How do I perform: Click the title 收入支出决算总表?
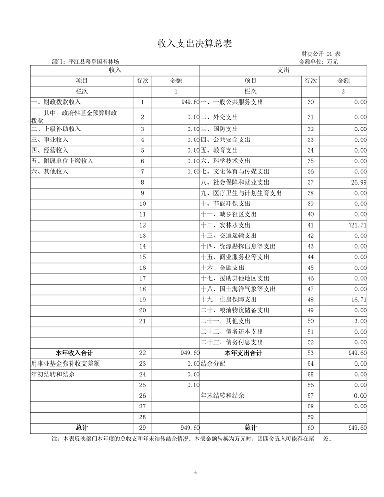tap(195, 44)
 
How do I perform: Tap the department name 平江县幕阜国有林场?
tap(98, 61)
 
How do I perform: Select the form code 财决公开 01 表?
tap(320, 54)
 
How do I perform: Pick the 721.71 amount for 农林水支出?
tap(357, 225)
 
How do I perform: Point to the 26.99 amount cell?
tap(359, 182)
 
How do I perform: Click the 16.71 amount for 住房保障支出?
tap(359, 300)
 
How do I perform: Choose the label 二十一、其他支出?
tap(225, 321)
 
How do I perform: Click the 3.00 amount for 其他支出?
tap(360, 321)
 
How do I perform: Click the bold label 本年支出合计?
tap(244, 353)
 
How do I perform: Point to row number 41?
tap(310, 225)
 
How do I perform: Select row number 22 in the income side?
tap(143, 353)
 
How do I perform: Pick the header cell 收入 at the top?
tap(115, 70)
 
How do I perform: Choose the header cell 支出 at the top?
tap(283, 70)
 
